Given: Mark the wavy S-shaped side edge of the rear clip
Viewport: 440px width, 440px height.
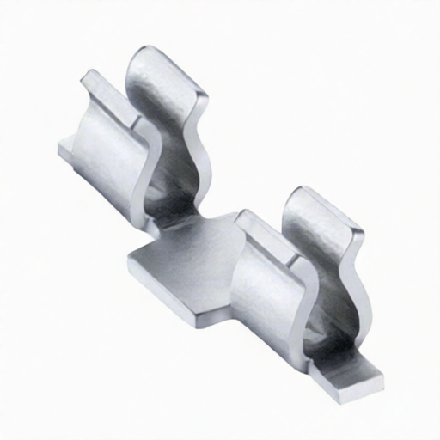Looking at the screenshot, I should (x=202, y=137).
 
